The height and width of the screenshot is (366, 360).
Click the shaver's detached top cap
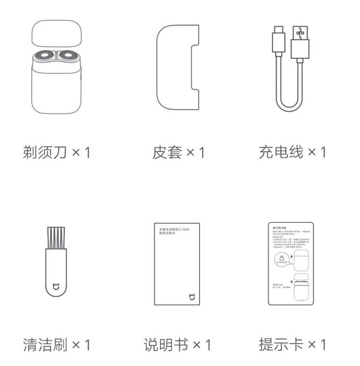click(57, 35)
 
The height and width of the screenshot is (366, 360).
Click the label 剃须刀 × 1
click(57, 153)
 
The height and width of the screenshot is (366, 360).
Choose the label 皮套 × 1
click(178, 153)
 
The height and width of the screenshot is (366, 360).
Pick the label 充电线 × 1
click(293, 152)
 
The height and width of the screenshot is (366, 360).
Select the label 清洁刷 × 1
click(57, 345)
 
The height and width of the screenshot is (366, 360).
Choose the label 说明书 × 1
click(178, 345)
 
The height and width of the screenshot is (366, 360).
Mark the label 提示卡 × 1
click(293, 345)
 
